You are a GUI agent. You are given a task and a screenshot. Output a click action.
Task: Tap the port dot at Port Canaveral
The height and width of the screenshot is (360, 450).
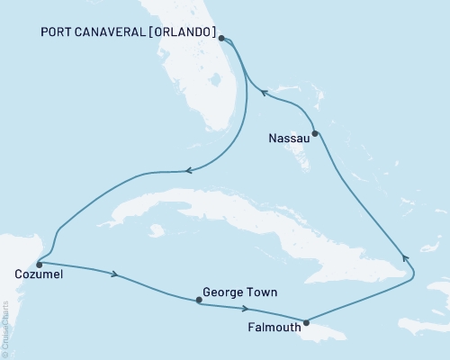(222, 39)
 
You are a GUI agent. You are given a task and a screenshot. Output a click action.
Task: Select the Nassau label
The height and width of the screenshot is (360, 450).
(289, 139)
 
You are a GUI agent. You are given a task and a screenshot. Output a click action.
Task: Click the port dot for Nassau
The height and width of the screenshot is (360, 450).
(315, 134)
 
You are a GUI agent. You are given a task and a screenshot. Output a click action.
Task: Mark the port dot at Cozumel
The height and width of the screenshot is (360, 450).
(39, 265)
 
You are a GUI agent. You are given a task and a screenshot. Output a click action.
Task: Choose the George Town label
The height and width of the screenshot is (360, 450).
(239, 292)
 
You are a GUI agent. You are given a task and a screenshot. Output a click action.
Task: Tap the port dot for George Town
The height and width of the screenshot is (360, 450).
(199, 301)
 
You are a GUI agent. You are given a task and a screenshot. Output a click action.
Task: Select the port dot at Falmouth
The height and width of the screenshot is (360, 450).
(307, 322)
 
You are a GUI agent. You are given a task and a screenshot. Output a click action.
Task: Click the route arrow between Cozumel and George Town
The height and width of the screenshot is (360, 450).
(114, 274)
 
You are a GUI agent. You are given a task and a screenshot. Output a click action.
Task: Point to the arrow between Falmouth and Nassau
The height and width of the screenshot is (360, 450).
(404, 257)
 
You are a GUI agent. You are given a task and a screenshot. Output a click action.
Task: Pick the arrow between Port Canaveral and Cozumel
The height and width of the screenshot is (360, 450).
(187, 169)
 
